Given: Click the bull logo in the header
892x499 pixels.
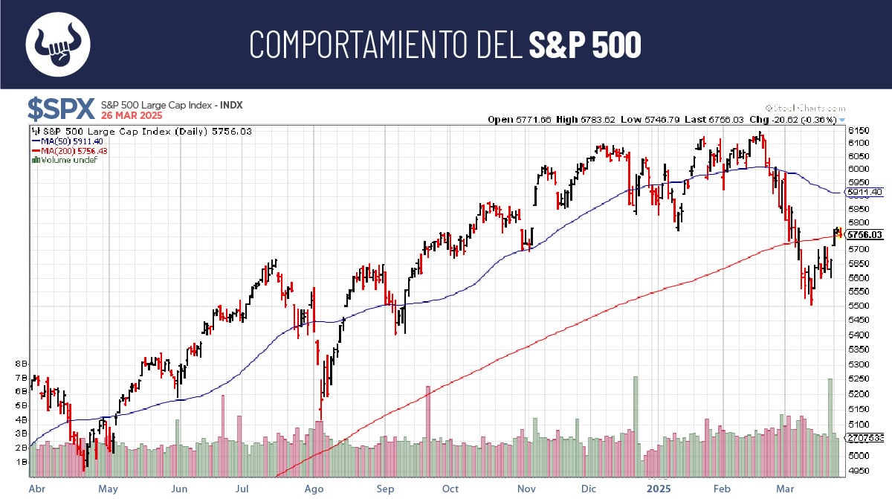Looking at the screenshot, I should coord(58,44).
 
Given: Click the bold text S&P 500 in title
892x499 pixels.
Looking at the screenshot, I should coord(584,45).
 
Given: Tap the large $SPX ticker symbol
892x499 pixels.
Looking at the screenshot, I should coord(61,109).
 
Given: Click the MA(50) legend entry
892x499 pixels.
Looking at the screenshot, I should coord(64,141).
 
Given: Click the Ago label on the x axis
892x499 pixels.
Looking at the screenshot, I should coord(314,489).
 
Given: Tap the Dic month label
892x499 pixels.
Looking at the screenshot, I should coord(590,489).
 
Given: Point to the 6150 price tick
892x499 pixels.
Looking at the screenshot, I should coord(859,130).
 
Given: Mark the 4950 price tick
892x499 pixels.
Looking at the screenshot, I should coord(859,471).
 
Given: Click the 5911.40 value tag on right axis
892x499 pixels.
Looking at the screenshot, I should coord(864,192).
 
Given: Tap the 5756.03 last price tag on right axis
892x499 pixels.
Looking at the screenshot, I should coord(866,235).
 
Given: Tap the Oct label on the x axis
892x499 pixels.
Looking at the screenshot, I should coord(450,489).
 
